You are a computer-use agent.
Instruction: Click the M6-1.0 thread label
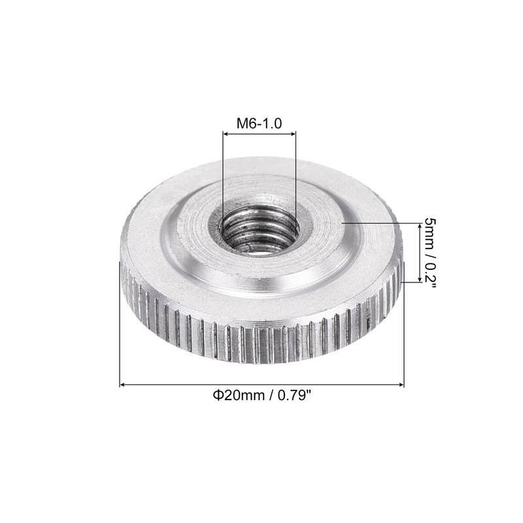[259, 123]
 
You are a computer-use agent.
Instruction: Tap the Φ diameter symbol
[215, 395]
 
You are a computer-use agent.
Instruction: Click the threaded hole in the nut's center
[260, 230]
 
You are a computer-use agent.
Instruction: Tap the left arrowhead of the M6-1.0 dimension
[226, 134]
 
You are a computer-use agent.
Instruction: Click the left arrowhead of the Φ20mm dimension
[123, 385]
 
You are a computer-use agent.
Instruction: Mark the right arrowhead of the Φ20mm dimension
[401, 385]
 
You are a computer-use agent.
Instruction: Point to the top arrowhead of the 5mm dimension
[418, 226]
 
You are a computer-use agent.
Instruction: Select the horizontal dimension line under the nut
[261, 385]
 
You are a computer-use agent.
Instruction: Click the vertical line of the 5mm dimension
[418, 252]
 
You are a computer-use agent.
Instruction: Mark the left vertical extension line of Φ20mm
[120, 327]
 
